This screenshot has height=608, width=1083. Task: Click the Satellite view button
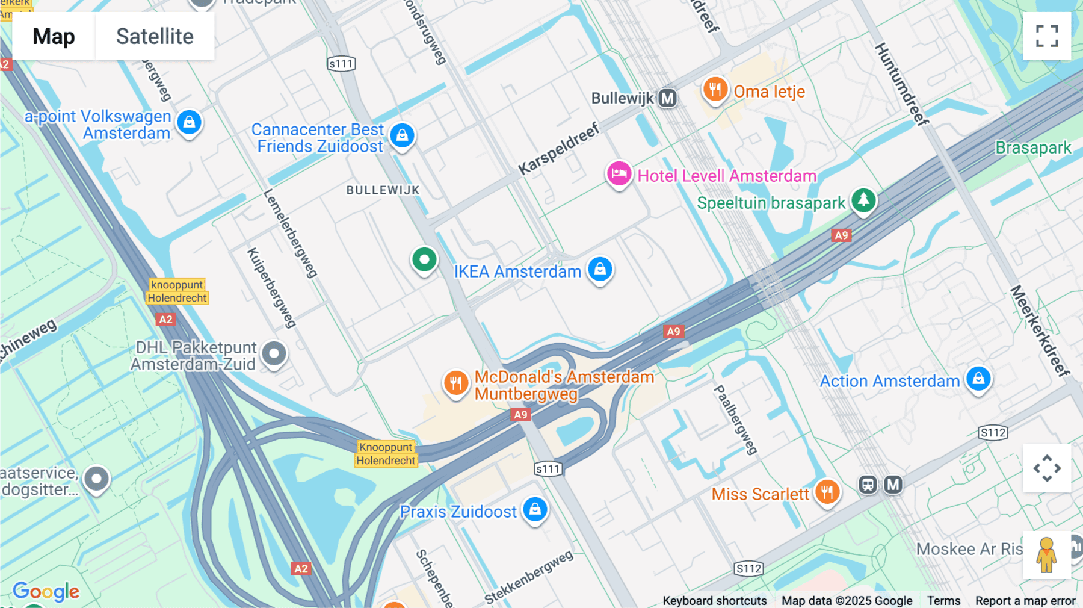tap(155, 36)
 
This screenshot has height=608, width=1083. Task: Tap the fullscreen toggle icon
tap(1047, 36)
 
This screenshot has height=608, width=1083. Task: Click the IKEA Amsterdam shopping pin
tap(600, 270)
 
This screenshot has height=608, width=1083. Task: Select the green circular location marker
tap(424, 260)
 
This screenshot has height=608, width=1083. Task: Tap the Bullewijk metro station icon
tap(667, 98)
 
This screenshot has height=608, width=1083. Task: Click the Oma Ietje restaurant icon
tap(715, 90)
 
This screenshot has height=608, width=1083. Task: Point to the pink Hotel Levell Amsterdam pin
tap(619, 174)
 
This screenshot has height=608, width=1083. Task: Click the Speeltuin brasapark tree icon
tap(863, 200)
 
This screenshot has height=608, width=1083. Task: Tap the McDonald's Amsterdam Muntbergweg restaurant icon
tap(456, 383)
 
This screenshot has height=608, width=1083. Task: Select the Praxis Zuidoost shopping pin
tap(535, 510)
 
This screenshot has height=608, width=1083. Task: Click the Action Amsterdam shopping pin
tap(978, 379)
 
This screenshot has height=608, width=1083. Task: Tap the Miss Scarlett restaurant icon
tap(827, 492)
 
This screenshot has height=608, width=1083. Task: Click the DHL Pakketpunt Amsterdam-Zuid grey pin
tap(274, 354)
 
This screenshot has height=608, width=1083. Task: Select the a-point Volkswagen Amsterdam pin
tap(189, 123)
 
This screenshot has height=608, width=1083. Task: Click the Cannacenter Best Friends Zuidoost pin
tap(402, 136)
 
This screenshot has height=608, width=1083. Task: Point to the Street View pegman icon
tap(1047, 555)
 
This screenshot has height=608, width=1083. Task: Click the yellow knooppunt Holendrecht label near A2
tap(177, 291)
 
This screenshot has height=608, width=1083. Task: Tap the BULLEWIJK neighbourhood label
tap(383, 190)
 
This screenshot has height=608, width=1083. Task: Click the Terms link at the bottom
tap(943, 601)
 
